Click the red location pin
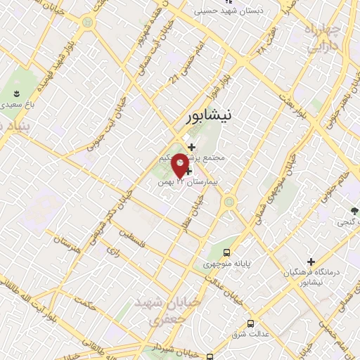[180, 165]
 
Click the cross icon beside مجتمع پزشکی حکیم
[191, 147]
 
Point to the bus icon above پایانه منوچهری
[226, 252]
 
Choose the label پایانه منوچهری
[226, 265]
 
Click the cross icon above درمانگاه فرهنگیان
[311, 262]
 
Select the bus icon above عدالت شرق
[251, 324]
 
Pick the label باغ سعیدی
[18, 105]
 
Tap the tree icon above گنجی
[356, 210]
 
